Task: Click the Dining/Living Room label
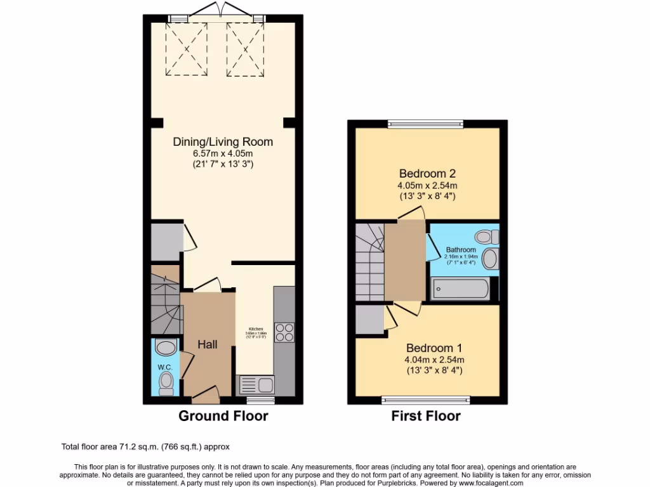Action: coord(223,141)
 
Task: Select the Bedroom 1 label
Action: coord(434,347)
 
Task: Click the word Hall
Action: coord(208,344)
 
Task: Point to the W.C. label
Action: coord(165,366)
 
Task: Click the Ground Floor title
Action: coord(223,416)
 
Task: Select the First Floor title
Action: coord(427,416)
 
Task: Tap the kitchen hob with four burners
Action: coord(284,332)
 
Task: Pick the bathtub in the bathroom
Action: coord(460,290)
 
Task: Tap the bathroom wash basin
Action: coord(490,259)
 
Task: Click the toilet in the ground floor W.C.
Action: coord(166,382)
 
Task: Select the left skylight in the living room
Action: coord(187,49)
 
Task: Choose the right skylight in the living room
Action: coord(245,49)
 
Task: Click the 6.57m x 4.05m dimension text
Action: coord(223,153)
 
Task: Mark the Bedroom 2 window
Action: coord(426,124)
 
